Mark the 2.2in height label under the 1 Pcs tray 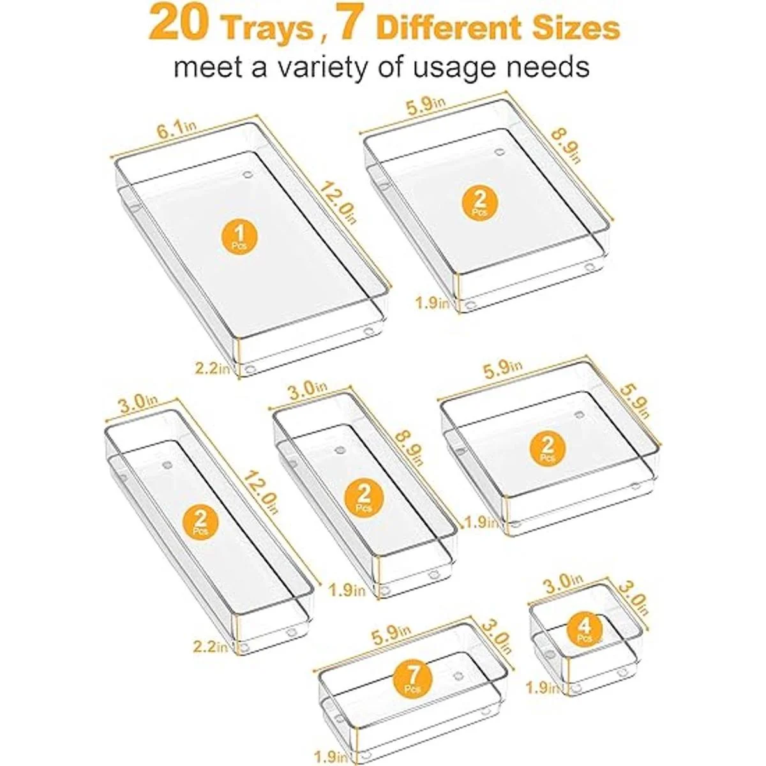(213, 369)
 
